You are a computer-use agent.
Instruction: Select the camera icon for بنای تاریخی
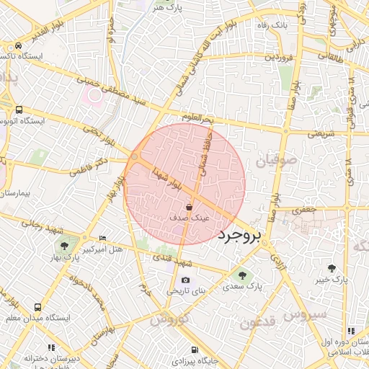186,280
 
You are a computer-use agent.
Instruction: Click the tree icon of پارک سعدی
241,275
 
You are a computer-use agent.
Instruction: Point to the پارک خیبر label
334,279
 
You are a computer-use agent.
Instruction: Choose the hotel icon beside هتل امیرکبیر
102,238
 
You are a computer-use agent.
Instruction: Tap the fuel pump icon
192,351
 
